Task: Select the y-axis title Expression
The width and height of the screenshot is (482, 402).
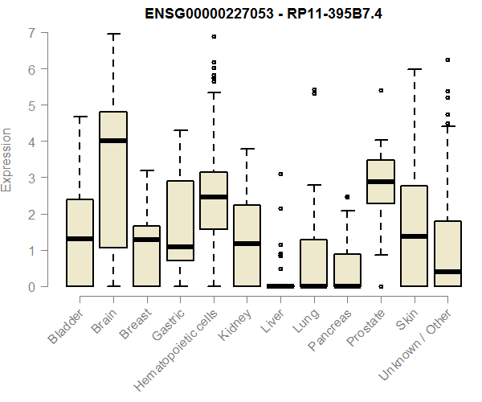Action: (7, 159)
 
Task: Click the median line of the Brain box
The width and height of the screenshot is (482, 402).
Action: (113, 141)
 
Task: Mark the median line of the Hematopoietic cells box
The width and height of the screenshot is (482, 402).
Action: (214, 197)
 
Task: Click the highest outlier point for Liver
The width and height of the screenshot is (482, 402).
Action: (280, 174)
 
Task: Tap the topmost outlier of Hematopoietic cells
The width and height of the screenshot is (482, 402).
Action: (214, 36)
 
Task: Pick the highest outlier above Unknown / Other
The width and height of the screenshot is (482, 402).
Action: (447, 59)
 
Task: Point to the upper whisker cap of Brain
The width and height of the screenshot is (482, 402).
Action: (113, 35)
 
